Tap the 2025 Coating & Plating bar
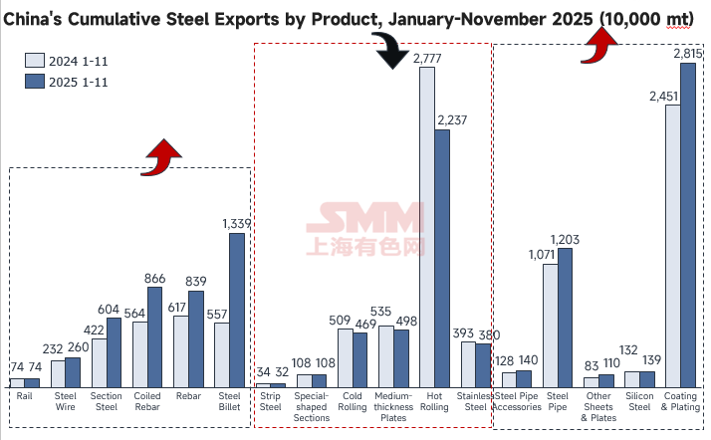click(688, 225)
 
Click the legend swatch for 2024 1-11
click(34, 60)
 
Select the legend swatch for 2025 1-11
click(34, 82)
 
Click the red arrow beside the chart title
click(599, 44)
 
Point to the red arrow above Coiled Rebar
click(161, 156)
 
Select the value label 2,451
click(665, 96)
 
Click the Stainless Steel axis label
click(476, 401)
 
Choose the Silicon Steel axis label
click(640, 401)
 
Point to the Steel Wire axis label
click(65, 401)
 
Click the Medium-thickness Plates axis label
click(393, 406)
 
